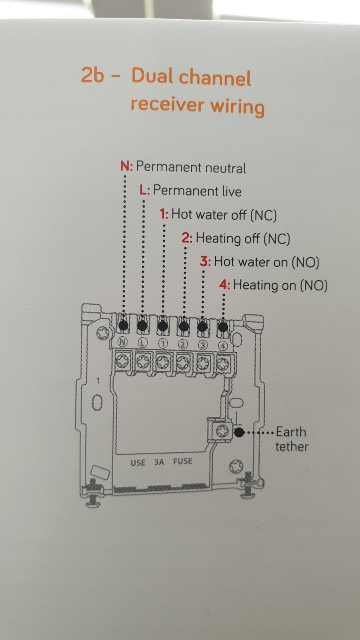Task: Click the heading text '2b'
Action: pos(92,75)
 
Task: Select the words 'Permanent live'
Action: pos(197,191)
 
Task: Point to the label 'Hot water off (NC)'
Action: pos(224,215)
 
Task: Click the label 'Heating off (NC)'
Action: pos(243,238)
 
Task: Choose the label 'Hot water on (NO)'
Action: pos(266,262)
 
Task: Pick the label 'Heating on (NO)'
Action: pos(280,286)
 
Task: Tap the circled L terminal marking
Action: pos(143,342)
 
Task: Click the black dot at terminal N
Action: pos(124,325)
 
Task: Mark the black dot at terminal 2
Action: pos(184,326)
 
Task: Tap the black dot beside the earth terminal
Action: pos(239,432)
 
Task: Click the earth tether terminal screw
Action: pos(222,430)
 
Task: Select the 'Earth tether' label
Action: pos(292,439)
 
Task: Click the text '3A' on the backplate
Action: pos(159,462)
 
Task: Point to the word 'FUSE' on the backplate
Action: pos(182,461)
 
